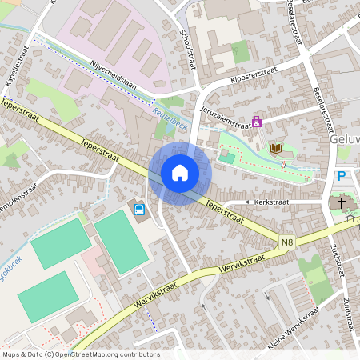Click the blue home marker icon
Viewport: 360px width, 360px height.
click(180, 173)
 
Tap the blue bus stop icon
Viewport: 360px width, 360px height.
click(139, 210)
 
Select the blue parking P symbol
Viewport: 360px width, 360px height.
click(342, 177)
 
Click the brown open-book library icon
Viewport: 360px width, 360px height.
click(276, 148)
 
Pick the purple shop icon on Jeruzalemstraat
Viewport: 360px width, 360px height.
click(257, 122)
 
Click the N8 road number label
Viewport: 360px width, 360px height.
click(287, 242)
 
